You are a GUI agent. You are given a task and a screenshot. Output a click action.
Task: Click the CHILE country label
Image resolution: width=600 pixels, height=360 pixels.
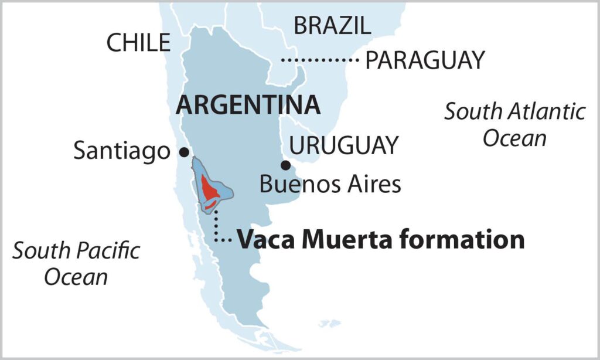pos(138,43)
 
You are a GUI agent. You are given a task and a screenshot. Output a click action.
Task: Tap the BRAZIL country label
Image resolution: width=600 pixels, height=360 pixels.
pos(332,26)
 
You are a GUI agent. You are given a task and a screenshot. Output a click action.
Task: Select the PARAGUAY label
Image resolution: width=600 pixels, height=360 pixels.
pos(425,60)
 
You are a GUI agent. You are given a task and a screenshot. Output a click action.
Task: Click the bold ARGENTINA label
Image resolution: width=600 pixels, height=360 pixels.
pos(248,106)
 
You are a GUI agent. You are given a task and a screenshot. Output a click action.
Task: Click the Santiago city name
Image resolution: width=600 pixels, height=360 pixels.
pos(121,152)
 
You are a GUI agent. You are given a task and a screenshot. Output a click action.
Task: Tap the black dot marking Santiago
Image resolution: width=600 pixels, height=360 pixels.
pos(184,152)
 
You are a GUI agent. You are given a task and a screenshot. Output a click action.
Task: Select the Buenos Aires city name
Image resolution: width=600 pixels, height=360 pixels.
pos(330,184)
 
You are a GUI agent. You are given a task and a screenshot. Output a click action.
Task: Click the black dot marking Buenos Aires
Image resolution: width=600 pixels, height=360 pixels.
pos(285,165)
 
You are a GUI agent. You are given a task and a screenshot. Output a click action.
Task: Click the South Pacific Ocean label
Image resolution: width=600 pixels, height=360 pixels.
pos(76,263)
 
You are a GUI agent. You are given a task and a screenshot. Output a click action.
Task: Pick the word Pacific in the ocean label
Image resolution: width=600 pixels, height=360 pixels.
pos(110,251)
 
